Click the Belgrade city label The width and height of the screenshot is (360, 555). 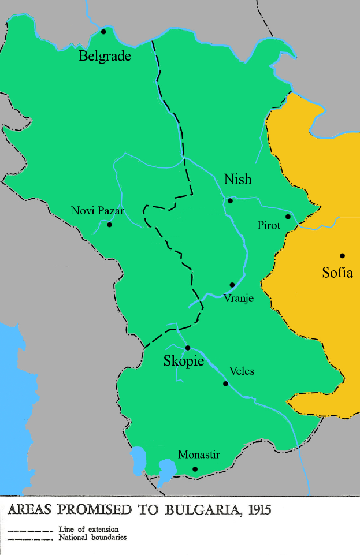105,57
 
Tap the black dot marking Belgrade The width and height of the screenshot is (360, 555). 103,32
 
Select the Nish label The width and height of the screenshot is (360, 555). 237,180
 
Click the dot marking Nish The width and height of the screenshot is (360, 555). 230,201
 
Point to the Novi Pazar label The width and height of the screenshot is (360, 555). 97,211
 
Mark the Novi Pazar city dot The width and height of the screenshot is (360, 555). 109,225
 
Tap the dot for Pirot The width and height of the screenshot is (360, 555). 288,217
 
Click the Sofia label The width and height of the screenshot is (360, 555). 337,273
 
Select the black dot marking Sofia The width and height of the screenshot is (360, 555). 342,256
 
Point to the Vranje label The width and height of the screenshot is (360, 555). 239,299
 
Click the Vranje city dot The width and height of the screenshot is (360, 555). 232,285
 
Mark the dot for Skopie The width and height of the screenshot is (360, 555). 187,348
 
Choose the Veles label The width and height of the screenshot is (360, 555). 242,371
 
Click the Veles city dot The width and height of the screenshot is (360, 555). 225,383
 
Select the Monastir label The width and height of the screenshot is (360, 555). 199,455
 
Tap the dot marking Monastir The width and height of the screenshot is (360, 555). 195,469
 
